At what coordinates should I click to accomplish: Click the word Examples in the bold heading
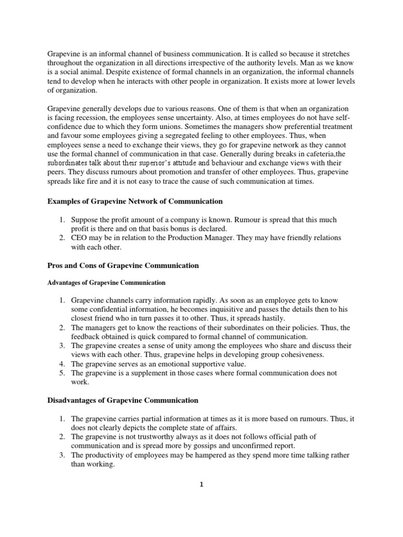coord(65,201)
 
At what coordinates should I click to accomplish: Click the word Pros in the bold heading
coord(56,265)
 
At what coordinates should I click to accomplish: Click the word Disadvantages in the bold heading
coord(73,400)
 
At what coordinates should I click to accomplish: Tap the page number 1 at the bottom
coord(201,485)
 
